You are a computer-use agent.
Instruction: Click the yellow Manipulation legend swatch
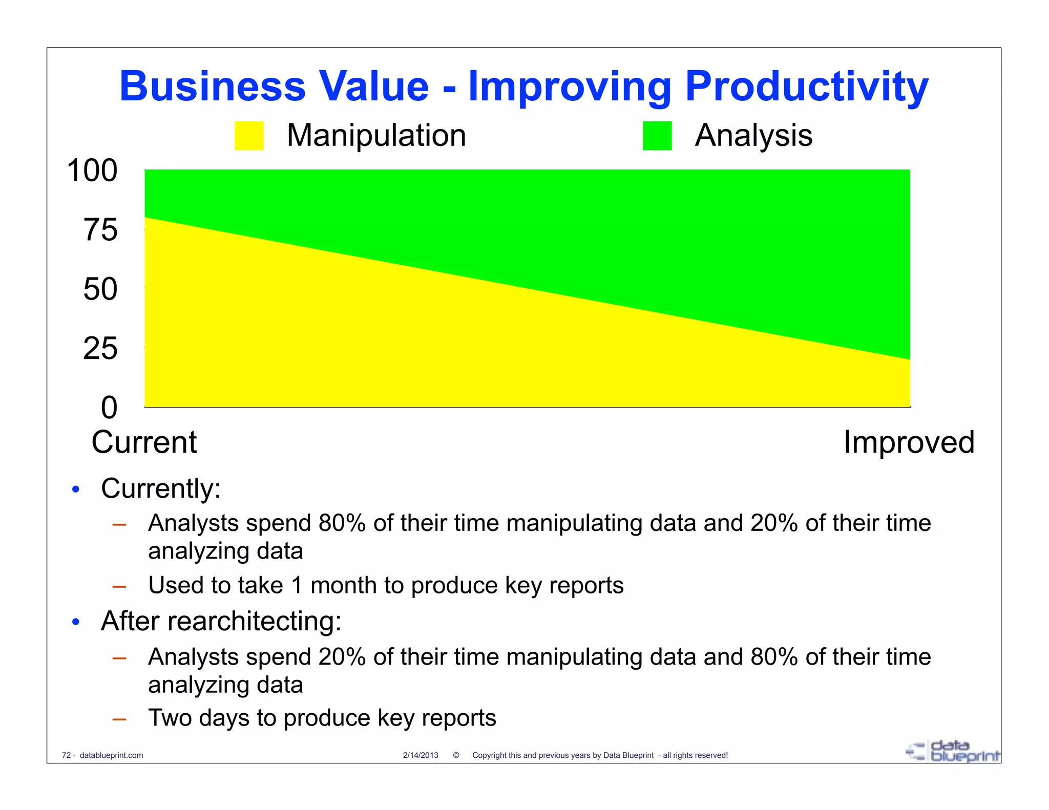pos(249,136)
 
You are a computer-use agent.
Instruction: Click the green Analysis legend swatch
pos(657,136)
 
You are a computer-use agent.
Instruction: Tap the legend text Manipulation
pos(376,136)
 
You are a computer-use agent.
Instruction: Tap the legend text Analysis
pos(753,136)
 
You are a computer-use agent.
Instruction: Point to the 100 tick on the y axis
pos(92,170)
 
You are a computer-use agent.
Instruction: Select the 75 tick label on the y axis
pos(100,230)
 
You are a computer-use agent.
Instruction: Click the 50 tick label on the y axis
pos(100,289)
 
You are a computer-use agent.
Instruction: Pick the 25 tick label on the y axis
pos(100,349)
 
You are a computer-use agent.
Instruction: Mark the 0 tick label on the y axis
pos(109,408)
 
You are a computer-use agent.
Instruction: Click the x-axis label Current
pos(144,442)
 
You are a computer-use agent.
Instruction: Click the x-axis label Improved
pos(909,442)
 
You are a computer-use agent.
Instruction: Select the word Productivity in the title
pos(806,87)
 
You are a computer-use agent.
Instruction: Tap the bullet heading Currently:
pos(161,488)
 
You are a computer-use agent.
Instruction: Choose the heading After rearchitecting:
pos(221,621)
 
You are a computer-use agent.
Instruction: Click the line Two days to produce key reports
pos(322,718)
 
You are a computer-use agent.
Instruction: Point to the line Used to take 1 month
pos(386,585)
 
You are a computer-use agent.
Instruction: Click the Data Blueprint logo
pos(953,752)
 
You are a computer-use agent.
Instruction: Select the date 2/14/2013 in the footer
pos(421,755)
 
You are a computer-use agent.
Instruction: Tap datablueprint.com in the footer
pos(111,755)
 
